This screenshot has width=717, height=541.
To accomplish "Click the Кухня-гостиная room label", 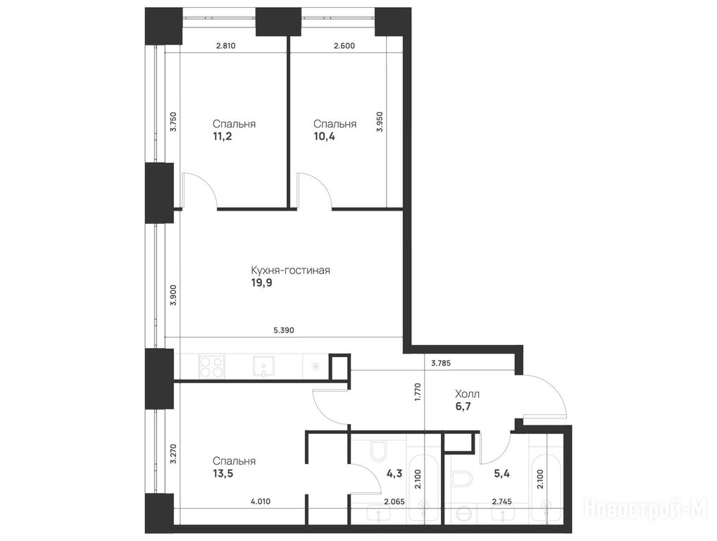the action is (x=290, y=270).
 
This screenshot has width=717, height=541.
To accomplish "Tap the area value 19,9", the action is (x=261, y=283).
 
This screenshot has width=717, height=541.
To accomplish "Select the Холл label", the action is (x=468, y=394).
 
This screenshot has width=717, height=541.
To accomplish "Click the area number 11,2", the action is (x=223, y=136).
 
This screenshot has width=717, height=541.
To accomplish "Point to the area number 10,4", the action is (x=324, y=136).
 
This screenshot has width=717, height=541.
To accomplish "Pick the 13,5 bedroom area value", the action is (x=223, y=473).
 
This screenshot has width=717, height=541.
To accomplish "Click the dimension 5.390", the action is (x=284, y=330).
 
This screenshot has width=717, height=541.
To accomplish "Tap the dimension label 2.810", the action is (x=225, y=46).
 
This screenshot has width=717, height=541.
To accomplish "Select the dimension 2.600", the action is (x=344, y=46).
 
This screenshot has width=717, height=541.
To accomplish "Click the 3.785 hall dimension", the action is (x=441, y=363).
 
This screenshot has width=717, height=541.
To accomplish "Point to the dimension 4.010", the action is (x=261, y=502).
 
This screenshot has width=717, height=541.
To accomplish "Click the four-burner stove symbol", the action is (x=212, y=366).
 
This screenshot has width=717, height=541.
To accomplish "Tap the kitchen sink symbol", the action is (x=263, y=366).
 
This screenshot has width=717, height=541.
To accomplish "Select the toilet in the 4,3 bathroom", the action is (x=378, y=451).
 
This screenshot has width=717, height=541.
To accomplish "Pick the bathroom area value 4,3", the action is (x=394, y=473).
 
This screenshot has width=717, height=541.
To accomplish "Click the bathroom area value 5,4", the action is (x=501, y=473).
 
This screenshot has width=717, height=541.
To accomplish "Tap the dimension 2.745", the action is (x=501, y=502).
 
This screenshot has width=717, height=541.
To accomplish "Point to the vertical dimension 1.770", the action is (x=417, y=392).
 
